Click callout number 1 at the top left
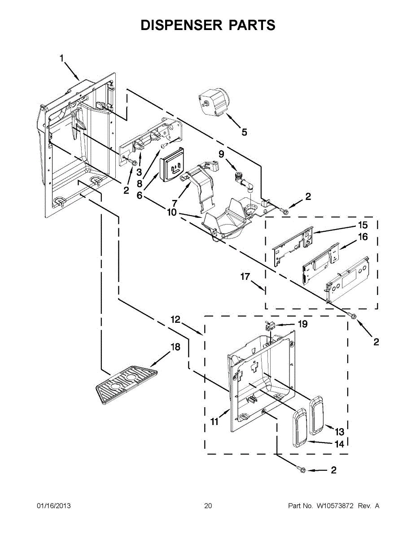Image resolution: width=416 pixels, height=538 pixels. [x=62, y=58]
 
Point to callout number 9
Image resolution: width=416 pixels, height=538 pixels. [x=221, y=154]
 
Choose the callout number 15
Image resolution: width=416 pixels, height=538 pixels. [x=362, y=225]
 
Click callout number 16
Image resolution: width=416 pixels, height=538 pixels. [x=362, y=237]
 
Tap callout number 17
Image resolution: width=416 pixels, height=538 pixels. [x=245, y=277]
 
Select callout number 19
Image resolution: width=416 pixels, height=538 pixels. [x=303, y=324]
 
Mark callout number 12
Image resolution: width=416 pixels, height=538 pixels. [x=175, y=319]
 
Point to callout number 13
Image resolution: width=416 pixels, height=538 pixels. [x=339, y=432]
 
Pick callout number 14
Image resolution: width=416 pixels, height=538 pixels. [x=339, y=444]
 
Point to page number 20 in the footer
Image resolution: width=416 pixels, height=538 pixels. [x=208, y=506]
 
